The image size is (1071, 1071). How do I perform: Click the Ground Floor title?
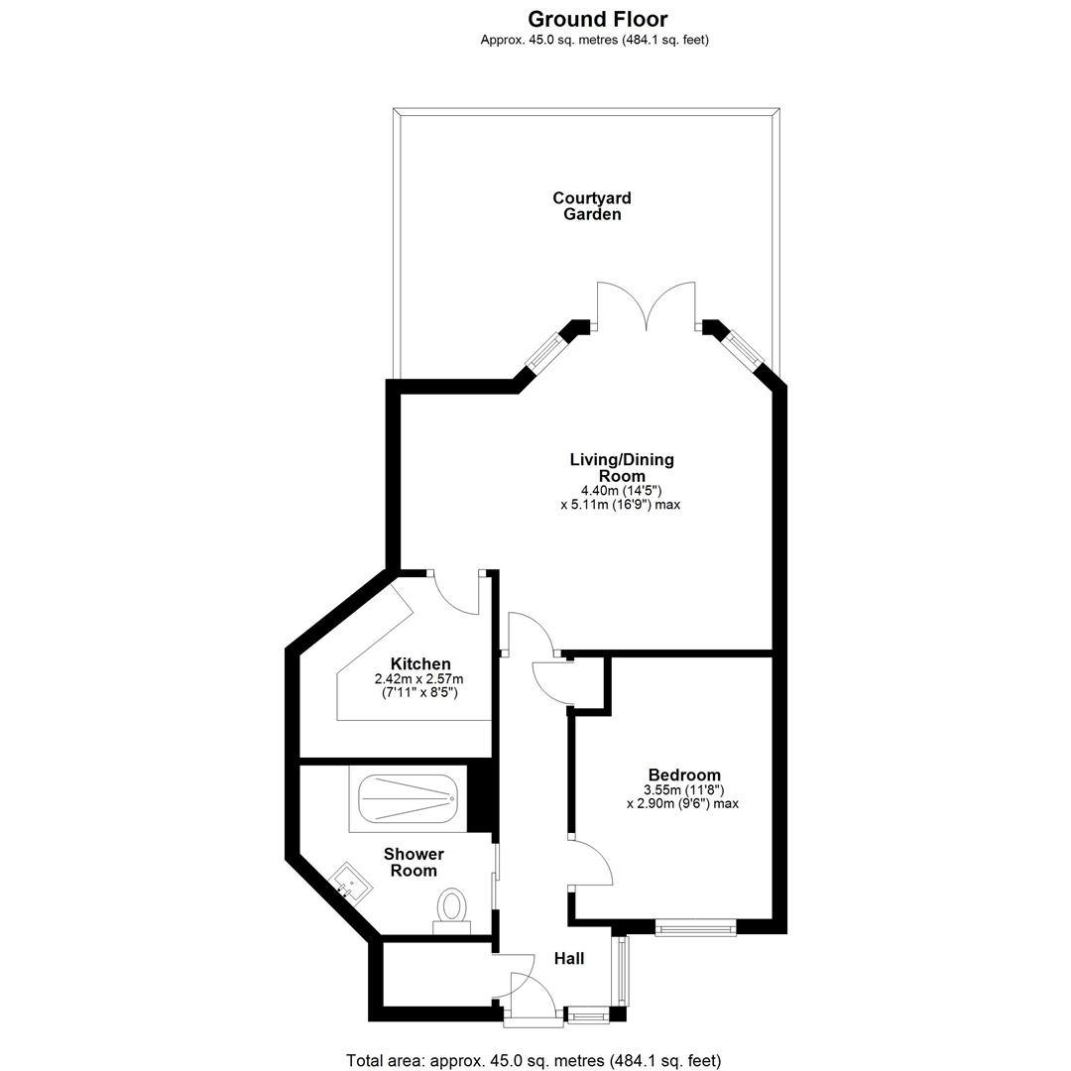598,19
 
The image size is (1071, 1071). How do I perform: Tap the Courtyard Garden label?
591,206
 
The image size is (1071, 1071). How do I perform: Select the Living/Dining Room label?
622,467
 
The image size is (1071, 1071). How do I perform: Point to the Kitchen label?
420,663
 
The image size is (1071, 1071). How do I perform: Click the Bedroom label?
684,774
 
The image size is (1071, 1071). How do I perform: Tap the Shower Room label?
414,862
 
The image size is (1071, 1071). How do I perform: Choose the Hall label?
569,958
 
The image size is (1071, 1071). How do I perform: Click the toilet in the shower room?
451,911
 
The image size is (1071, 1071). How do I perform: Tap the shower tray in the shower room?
408,798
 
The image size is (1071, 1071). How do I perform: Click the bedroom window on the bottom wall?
695,927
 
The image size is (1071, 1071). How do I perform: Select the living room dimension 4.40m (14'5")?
621,491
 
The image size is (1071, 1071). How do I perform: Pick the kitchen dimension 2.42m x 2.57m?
418,679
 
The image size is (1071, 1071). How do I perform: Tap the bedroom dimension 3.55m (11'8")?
683,790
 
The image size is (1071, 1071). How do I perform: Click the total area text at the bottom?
534,1061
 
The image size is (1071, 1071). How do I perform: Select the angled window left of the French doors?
546,352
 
